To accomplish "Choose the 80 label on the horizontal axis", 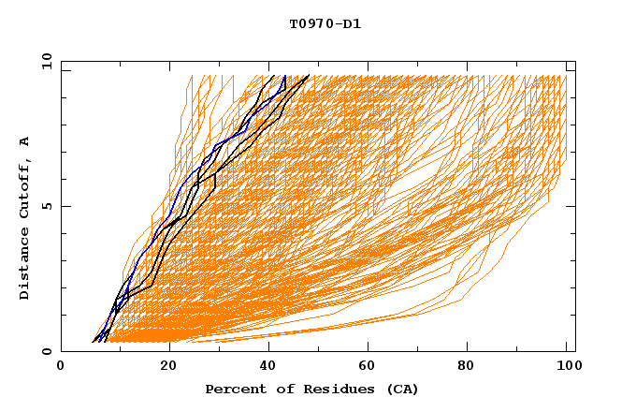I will tap(466, 367).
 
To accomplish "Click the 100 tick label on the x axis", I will tap(567, 367).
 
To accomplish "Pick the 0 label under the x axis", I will tap(62, 367).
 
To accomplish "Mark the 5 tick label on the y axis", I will tap(46, 206).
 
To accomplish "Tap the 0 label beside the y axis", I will tap(46, 351).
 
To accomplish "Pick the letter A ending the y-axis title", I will tap(25, 140).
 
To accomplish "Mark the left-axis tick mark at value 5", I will tap(65, 206).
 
